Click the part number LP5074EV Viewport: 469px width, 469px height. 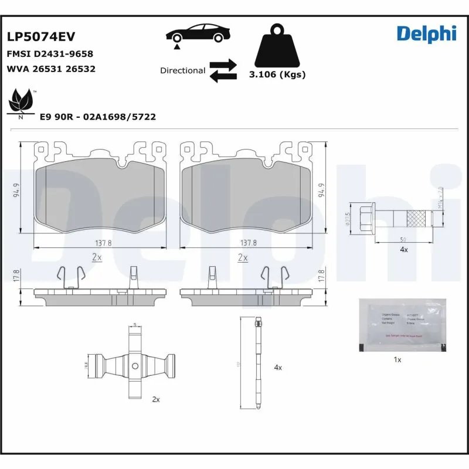click(41, 36)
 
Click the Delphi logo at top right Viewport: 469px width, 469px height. click(426, 33)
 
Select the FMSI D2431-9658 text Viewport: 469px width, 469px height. click(50, 54)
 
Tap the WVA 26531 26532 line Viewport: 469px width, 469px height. click(51, 69)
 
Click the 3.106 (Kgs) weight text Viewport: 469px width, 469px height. click(277, 74)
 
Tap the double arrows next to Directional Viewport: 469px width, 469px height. click(223, 70)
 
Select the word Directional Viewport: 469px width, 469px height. click(182, 70)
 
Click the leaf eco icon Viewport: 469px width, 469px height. click(22, 101)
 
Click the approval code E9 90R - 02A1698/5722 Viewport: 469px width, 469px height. click(97, 117)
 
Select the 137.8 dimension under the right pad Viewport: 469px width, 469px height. click(249, 242)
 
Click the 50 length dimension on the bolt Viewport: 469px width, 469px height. click(403, 239)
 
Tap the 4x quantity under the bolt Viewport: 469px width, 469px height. click(403, 249)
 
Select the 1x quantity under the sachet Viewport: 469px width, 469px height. click(397, 359)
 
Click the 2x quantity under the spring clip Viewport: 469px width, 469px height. click(156, 399)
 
